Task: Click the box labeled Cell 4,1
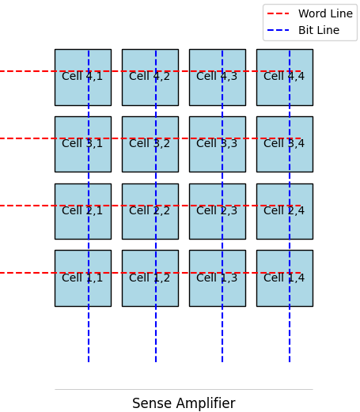(82, 77)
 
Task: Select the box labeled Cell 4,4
(284, 77)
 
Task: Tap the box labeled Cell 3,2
(150, 144)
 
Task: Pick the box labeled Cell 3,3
(217, 144)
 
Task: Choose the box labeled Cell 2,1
(82, 211)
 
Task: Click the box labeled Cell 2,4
(284, 211)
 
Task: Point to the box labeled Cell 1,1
(82, 278)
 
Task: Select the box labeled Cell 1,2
(150, 278)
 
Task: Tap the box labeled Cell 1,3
(217, 278)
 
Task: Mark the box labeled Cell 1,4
(284, 278)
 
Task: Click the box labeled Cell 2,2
(150, 211)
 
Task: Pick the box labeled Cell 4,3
(217, 77)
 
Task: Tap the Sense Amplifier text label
(184, 403)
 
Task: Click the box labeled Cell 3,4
(284, 144)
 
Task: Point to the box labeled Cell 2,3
(217, 211)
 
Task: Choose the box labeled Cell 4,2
(150, 77)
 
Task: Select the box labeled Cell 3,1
(82, 144)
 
